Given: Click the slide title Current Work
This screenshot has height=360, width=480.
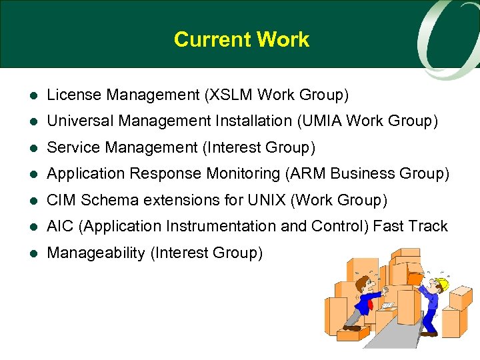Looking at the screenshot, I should [x=241, y=39].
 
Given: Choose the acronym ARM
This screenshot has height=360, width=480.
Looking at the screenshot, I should [x=307, y=174].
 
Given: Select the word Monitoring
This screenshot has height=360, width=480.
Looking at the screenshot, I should [x=241, y=174].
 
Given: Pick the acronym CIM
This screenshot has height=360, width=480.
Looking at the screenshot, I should [x=61, y=200].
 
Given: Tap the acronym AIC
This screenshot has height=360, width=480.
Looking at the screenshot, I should [x=61, y=227].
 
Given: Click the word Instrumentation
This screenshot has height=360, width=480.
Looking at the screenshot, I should [x=223, y=227].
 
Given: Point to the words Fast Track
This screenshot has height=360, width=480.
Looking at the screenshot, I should [x=410, y=227].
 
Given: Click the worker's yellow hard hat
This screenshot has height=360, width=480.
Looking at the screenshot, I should [x=441, y=285].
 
